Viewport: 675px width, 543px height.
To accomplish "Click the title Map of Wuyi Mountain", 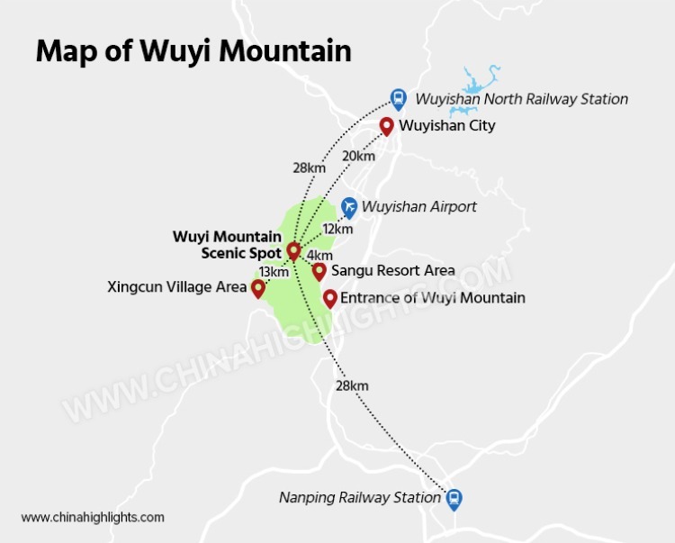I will click(193, 50).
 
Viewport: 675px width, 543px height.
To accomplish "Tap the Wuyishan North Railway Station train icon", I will click(398, 97).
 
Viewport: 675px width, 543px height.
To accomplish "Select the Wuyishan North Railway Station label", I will click(521, 99).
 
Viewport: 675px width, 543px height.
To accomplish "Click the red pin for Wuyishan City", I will click(387, 125).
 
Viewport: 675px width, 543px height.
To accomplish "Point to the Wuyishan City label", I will click(447, 126).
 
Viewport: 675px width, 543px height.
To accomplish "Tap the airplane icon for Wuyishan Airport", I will click(350, 206).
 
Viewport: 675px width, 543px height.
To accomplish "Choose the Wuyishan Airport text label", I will click(419, 207).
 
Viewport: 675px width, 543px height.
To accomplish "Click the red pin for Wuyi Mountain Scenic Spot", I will click(293, 251).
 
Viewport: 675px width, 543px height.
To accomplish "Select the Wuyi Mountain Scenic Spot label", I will click(228, 245).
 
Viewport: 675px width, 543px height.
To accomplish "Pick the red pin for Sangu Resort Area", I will click(319, 270).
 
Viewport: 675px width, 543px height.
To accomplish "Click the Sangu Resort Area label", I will click(392, 270).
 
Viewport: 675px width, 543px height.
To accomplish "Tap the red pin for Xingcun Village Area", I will click(258, 287).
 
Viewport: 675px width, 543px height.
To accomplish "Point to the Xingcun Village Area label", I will click(176, 288).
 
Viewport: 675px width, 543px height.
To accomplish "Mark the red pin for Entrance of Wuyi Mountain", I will click(329, 297).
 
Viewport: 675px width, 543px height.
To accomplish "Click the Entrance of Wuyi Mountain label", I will click(433, 297).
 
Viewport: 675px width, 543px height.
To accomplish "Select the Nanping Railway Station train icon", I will click(455, 498).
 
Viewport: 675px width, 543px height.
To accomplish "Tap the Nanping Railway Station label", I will click(359, 498).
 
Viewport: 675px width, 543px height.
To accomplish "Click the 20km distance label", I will click(358, 156).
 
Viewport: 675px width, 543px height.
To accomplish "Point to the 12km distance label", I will click(337, 229).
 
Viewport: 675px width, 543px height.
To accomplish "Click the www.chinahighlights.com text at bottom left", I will click(93, 517).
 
